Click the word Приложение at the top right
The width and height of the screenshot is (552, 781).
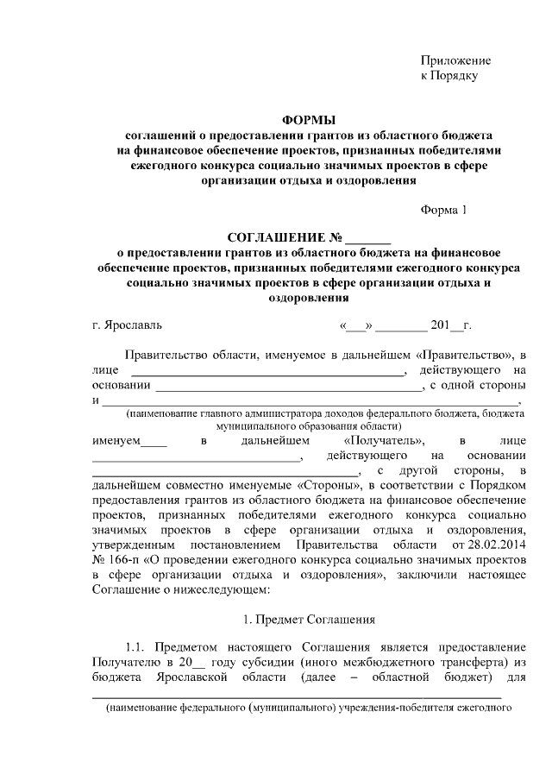455,60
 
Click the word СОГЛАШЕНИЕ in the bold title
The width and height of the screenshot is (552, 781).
278,237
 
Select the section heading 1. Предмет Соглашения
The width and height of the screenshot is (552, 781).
308,619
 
